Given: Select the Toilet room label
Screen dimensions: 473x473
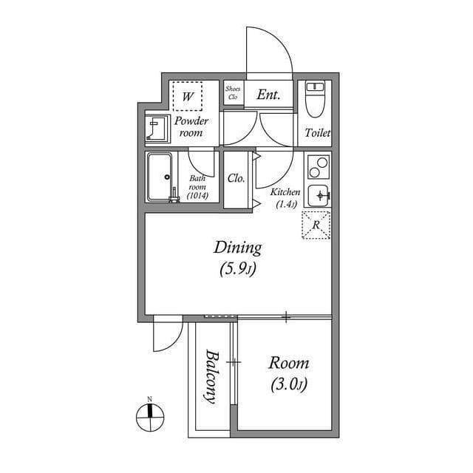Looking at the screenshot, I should tap(318, 134).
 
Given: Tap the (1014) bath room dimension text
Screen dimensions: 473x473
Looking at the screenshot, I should tap(198, 196).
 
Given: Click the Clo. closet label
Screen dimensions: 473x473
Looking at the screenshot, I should tap(236, 178).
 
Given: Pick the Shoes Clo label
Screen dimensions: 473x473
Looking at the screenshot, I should tap(233, 93).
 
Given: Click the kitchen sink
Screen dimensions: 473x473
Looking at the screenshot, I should tap(319, 195).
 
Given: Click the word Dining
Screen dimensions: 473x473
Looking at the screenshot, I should tap(237, 248).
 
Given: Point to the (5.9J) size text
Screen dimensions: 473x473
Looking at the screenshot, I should tap(237, 270).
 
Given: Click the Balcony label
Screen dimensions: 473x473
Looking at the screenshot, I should tap(211, 375).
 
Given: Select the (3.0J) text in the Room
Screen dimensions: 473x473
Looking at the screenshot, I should tap(288, 385).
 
